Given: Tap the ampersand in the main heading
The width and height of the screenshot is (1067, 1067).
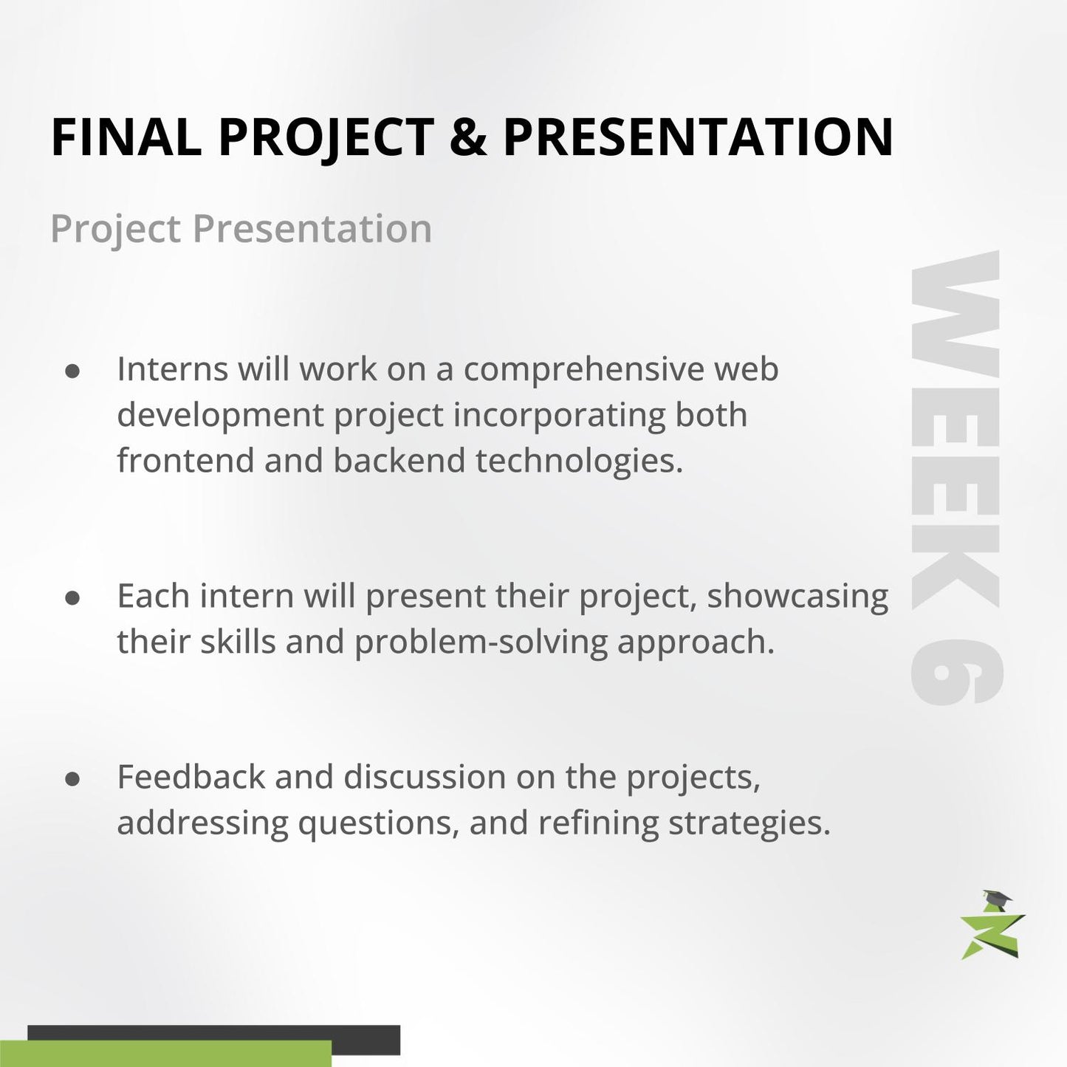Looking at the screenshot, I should tap(467, 137).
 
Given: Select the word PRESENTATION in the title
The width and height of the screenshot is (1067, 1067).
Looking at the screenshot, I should tap(698, 137).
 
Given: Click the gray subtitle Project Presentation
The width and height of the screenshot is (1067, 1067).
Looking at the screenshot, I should tap(241, 229).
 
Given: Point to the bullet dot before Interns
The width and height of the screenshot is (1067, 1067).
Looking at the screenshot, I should tap(72, 371).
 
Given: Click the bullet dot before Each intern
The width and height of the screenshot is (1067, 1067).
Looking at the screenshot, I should tap(72, 597).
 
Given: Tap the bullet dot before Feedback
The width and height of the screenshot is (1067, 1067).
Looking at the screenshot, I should tap(72, 779).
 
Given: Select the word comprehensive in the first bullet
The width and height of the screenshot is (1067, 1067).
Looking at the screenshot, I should tap(583, 370).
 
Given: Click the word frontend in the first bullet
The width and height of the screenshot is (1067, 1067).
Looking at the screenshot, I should tap(185, 461).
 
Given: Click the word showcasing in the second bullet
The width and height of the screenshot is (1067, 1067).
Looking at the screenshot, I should tap(797, 597).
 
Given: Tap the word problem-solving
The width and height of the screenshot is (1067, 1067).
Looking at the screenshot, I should tap(481, 642).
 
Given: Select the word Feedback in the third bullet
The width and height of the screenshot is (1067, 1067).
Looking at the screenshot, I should tap(191, 778).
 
